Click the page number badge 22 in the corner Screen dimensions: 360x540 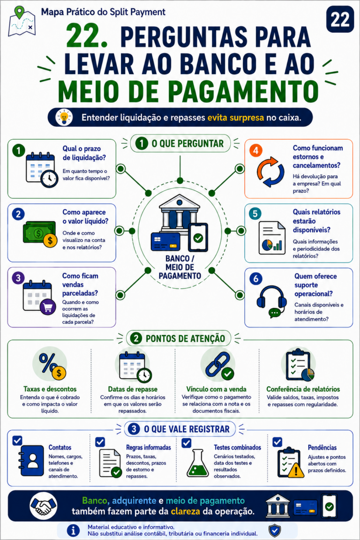coord(340,19)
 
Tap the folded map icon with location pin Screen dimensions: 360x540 coord(22,22)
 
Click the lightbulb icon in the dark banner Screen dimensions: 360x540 coord(64,117)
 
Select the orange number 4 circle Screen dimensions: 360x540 coord(255,150)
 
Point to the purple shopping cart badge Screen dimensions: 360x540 coord(48,307)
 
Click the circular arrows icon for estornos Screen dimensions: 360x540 coord(270,172)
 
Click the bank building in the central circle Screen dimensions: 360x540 coord(180,212)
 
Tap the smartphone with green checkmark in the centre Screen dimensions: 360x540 coord(198,237)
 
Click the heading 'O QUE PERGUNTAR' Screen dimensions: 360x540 coord(188,143)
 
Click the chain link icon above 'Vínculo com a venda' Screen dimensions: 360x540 coord(219,366)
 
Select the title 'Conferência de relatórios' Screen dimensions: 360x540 coord(303,389)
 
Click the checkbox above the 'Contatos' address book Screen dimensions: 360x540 coord(17,441)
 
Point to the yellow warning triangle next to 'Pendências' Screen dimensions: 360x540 coord(296,470)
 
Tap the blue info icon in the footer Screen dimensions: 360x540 coord(73,530)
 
